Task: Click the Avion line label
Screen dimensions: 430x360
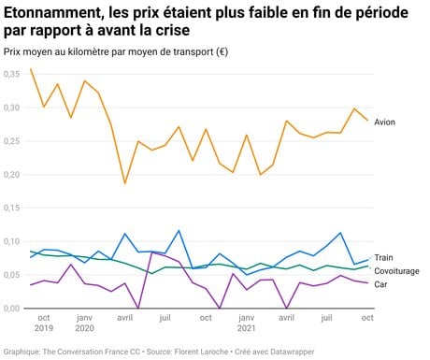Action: [384, 122]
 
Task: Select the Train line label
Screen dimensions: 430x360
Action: [383, 257]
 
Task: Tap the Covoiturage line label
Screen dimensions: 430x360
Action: [396, 271]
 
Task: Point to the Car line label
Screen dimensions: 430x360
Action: [380, 284]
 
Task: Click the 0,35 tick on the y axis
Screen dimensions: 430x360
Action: [12, 74]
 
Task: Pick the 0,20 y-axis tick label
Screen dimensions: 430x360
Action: [12, 175]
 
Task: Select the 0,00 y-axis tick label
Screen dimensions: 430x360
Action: [12, 309]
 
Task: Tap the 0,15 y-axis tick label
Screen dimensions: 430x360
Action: [12, 208]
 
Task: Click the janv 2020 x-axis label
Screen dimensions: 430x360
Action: [84, 323]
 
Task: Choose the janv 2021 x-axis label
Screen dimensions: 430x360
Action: [246, 323]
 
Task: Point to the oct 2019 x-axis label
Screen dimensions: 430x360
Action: [44, 323]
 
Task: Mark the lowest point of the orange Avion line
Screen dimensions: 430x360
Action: [125, 183]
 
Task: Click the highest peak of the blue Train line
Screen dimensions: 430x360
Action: [179, 231]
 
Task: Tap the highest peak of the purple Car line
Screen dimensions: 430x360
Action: [151, 252]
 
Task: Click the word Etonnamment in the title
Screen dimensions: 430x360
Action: [50, 13]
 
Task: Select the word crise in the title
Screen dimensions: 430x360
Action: [174, 31]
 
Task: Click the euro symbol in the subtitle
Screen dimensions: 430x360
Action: [222, 51]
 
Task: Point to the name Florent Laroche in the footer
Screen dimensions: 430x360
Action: [201, 352]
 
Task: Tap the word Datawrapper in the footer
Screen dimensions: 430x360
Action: [293, 352]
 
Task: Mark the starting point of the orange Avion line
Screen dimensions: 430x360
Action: [31, 69]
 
